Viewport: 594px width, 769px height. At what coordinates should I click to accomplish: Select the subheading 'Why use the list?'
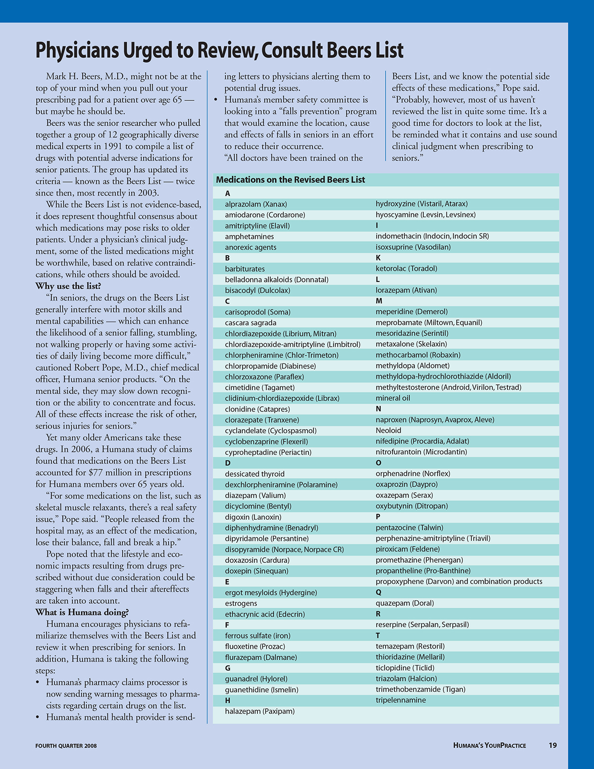click(68, 286)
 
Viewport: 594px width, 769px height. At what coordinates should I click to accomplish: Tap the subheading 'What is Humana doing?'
click(82, 612)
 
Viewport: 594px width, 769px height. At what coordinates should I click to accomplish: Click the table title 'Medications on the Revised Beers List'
click(291, 180)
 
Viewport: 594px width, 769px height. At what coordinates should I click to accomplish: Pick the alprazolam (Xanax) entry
click(256, 204)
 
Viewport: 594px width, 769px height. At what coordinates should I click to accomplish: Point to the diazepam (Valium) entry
click(255, 496)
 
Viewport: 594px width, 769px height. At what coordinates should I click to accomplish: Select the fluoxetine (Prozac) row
click(255, 646)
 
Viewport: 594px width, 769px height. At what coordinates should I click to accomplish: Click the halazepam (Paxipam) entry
click(259, 711)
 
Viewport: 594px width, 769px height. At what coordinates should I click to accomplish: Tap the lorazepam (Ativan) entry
click(406, 290)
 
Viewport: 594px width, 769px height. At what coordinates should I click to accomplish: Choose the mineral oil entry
click(393, 398)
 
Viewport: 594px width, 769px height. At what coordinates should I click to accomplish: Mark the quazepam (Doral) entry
click(404, 603)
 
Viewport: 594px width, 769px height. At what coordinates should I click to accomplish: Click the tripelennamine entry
click(400, 700)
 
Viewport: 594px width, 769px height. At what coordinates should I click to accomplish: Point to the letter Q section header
click(379, 592)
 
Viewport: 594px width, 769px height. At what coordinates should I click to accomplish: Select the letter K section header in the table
click(378, 258)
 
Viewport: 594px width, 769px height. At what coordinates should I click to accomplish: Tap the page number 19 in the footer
click(552, 745)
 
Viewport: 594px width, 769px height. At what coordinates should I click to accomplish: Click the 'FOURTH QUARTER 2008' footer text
click(66, 746)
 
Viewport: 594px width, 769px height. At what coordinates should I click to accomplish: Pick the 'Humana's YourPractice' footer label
click(490, 745)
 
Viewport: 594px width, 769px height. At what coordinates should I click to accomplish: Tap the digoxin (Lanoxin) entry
click(253, 517)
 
